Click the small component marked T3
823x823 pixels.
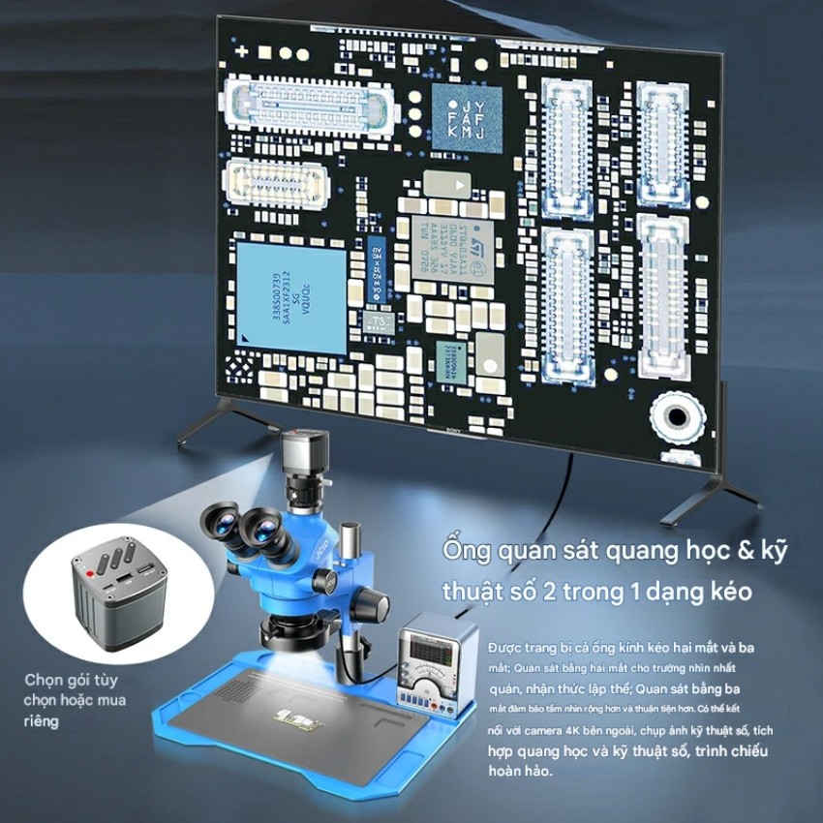pos(375,320)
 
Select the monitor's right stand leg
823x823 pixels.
pos(712,484)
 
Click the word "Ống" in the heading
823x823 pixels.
pos(464,551)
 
